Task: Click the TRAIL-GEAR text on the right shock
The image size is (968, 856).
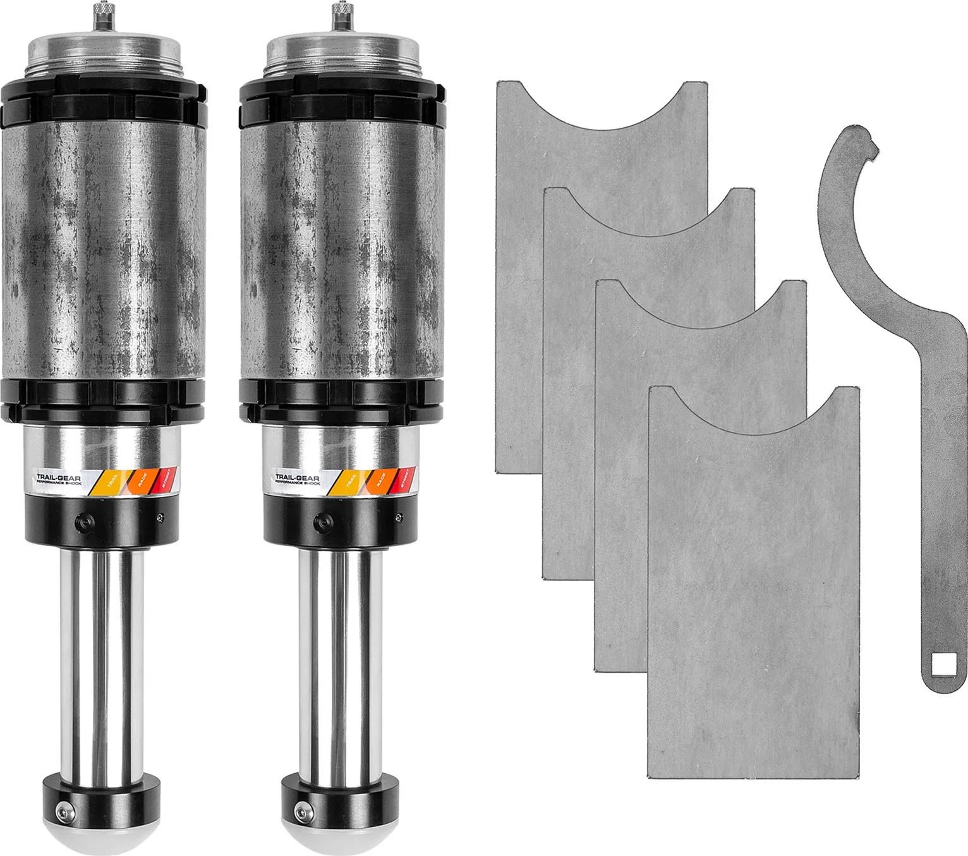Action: pyautogui.click(x=298, y=477)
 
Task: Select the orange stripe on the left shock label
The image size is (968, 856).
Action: pyautogui.click(x=138, y=482)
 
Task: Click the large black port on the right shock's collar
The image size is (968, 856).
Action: pyautogui.click(x=322, y=522)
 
